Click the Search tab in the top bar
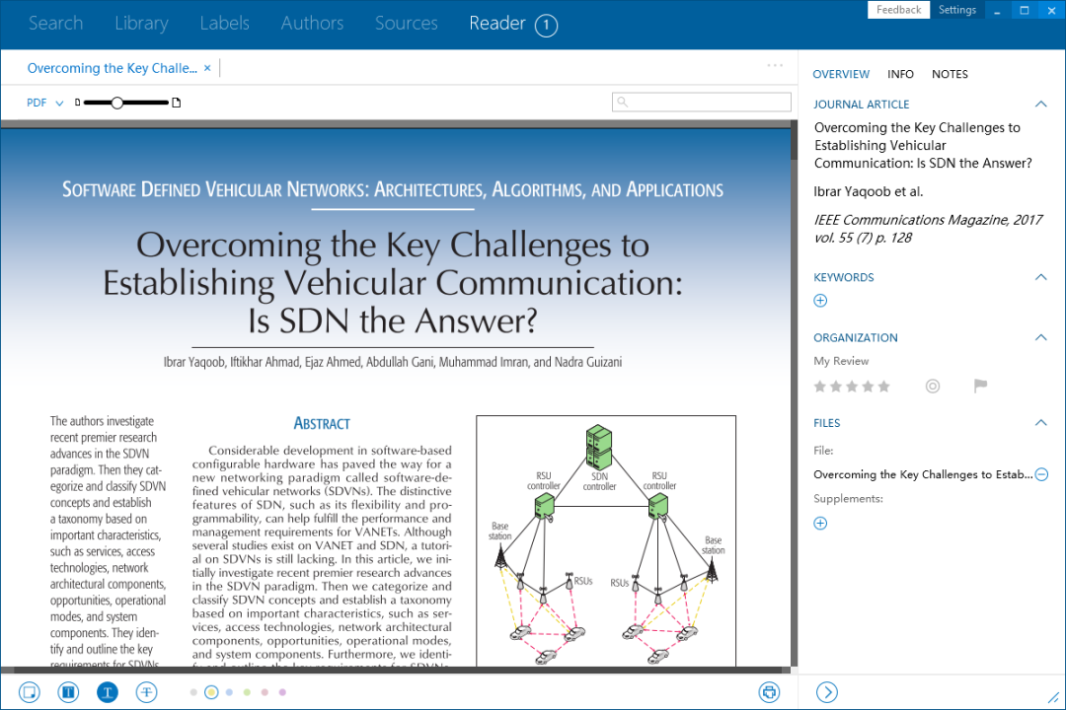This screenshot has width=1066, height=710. click(x=55, y=24)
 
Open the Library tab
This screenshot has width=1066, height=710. click(x=141, y=24)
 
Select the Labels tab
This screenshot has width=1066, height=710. click(x=224, y=24)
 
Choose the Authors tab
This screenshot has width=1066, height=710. click(x=312, y=24)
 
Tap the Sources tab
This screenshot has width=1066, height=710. click(x=406, y=24)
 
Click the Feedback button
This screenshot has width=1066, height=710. click(x=898, y=10)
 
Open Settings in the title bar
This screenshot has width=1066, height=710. click(x=956, y=10)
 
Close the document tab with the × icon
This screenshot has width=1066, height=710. click(x=207, y=68)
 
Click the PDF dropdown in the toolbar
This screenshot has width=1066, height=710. click(x=44, y=103)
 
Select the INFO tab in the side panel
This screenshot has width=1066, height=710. click(x=900, y=74)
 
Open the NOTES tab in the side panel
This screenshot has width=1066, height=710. click(x=950, y=74)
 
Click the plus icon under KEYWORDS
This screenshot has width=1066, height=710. click(x=820, y=301)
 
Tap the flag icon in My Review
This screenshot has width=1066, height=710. click(x=980, y=387)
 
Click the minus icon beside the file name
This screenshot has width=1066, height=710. click(x=1041, y=474)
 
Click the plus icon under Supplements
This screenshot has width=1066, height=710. click(x=820, y=524)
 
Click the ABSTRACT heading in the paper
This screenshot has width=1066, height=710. click(x=322, y=424)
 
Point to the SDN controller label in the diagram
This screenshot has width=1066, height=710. click(x=599, y=481)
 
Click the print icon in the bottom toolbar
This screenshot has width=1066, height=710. click(x=769, y=692)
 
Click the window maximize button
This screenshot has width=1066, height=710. click(x=1024, y=11)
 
